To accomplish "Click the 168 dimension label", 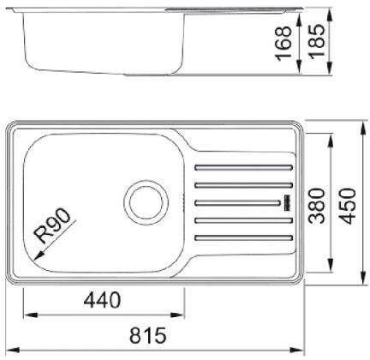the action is tap(283, 44).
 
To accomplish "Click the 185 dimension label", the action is tap(317, 42).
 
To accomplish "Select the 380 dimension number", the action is tap(317, 206).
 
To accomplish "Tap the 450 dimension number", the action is tap(349, 206).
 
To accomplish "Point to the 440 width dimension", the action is tap(102, 300).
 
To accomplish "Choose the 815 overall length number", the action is tap(148, 335).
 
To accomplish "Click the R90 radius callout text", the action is tap(52, 225).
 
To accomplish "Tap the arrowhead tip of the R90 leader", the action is tap(34, 260).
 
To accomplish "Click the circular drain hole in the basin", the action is tap(146, 203).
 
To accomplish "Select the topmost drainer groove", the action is tap(243, 167).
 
